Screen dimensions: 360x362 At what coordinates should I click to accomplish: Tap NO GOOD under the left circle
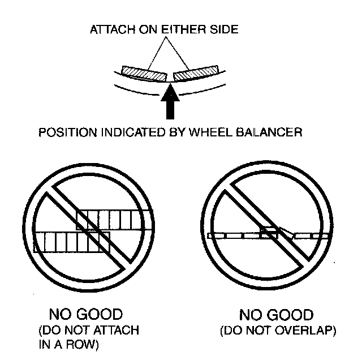[x=86, y=314]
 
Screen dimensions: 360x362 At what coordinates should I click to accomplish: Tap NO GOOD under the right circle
[x=277, y=315]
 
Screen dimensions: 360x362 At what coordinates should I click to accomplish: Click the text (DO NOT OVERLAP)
[x=278, y=331]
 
